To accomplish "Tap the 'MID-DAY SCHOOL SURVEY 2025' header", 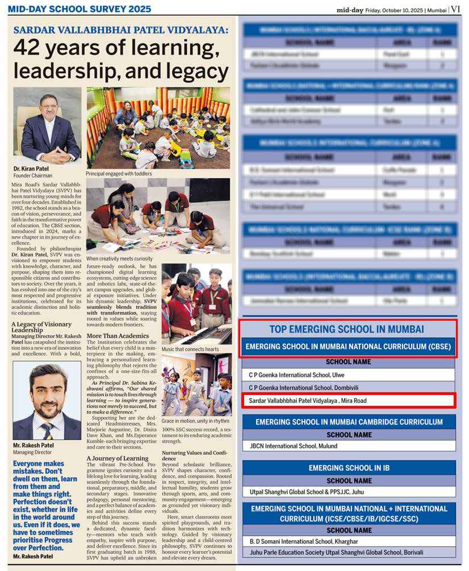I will pos(79,9).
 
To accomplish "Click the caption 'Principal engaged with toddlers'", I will pos(119,174).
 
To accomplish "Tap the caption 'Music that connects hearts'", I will pos(190,350).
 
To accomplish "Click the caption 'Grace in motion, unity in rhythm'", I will pos(195,421).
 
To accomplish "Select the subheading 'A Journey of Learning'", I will pos(117,458).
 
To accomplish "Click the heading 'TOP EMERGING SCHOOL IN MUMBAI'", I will pos(347,329).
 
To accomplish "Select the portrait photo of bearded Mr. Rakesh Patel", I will pos(47,401).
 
